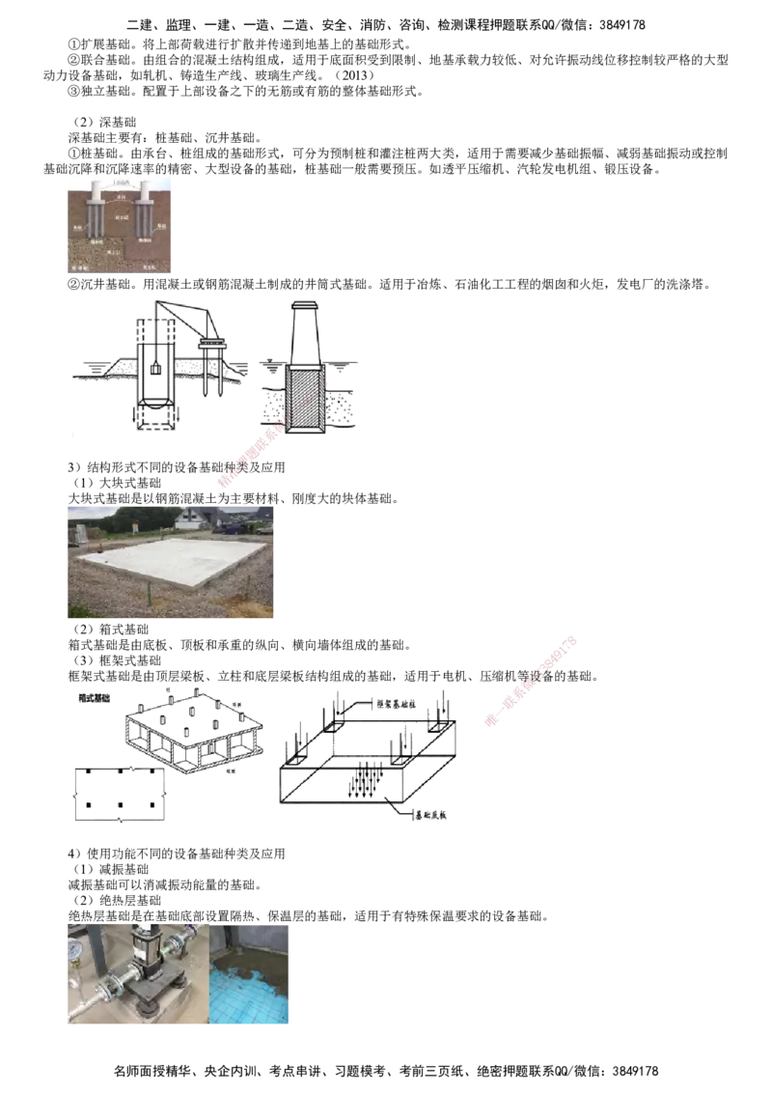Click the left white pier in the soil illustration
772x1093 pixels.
(98, 213)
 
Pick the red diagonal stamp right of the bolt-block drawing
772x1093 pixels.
(530, 681)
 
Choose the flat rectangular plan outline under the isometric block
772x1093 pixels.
(119, 796)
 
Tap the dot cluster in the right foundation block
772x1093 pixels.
(366, 778)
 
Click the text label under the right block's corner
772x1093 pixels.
(430, 817)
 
